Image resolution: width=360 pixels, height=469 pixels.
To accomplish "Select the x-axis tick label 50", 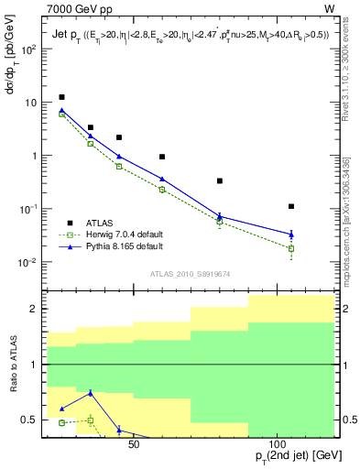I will pos(133,445).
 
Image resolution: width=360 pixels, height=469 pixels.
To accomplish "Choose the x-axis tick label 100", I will pos(282,445).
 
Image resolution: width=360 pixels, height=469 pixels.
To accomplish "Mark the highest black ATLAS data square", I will pos(61,97).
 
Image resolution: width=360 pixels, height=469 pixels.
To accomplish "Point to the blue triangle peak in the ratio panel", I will pos(91,393).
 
